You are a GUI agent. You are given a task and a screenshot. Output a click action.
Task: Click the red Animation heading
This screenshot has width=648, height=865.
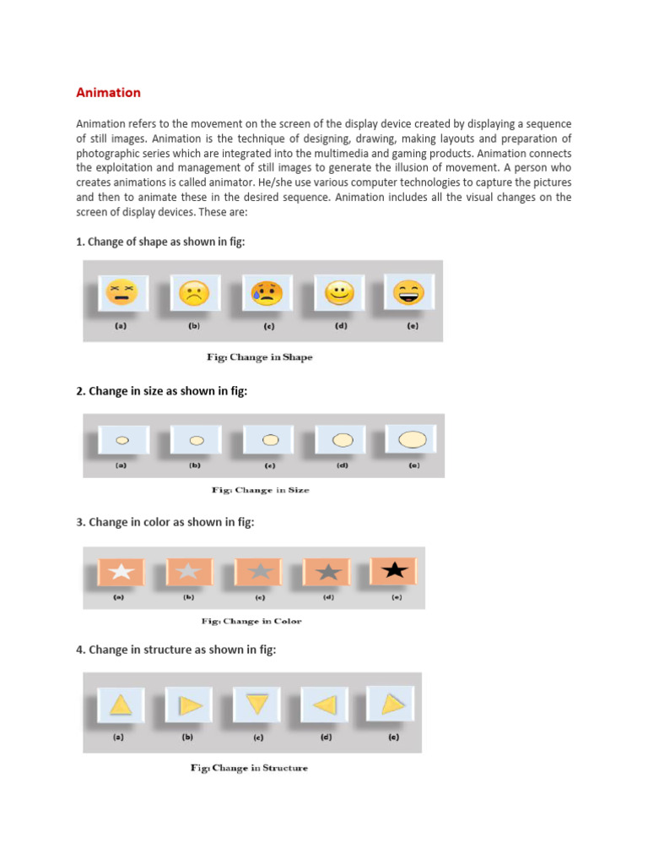click(109, 93)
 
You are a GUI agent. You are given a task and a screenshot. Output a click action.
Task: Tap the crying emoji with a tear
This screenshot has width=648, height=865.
click(266, 293)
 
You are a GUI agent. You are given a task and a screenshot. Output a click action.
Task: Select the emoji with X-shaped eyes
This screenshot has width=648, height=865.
click(121, 293)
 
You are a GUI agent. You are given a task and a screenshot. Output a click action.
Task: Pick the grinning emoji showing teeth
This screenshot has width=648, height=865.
click(409, 291)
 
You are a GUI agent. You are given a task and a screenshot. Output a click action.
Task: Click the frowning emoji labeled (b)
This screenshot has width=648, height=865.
click(193, 294)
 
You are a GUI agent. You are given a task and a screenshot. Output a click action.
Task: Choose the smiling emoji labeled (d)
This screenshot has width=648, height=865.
click(340, 293)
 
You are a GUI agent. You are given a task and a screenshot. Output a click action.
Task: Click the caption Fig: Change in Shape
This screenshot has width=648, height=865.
click(260, 357)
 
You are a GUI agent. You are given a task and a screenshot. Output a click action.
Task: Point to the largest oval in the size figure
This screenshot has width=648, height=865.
click(412, 438)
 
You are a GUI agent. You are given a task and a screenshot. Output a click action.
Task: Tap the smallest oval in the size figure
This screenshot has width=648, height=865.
click(121, 440)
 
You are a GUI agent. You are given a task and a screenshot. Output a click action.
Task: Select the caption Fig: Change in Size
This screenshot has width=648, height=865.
click(260, 490)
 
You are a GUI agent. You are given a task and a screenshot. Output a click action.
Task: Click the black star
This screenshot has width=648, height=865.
click(394, 570)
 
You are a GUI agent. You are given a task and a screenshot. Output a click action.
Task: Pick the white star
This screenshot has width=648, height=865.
click(121, 572)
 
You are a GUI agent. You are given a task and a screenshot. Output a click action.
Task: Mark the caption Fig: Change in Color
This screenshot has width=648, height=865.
click(251, 621)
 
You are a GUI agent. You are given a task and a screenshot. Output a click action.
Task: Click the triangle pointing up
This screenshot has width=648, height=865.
click(121, 704)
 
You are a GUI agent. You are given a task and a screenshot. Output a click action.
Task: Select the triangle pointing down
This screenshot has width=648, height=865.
click(257, 704)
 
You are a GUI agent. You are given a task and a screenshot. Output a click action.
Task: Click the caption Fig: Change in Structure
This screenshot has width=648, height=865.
click(249, 768)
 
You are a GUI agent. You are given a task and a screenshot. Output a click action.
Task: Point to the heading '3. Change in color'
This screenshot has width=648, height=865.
click(165, 522)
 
